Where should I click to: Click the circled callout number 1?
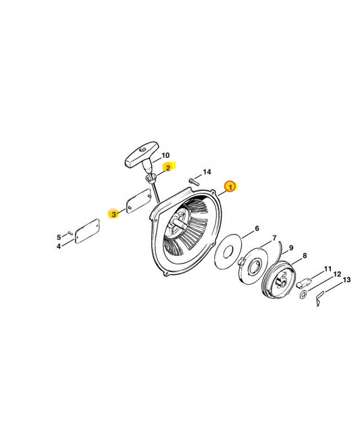[x=230, y=187]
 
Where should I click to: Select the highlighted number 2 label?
[x=168, y=168]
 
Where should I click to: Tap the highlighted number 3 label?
[x=114, y=214]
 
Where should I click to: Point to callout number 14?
[x=207, y=172]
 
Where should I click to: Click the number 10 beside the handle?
[x=166, y=155]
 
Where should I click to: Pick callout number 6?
[x=257, y=228]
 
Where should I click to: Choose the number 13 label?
[x=347, y=280]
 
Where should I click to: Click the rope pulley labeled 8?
[x=279, y=279]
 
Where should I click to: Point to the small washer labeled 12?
[x=303, y=295]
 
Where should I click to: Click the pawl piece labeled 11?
[x=304, y=283]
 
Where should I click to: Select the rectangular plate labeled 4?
[x=87, y=231]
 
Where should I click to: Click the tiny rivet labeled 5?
[x=70, y=233]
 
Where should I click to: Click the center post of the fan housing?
[x=179, y=223]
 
